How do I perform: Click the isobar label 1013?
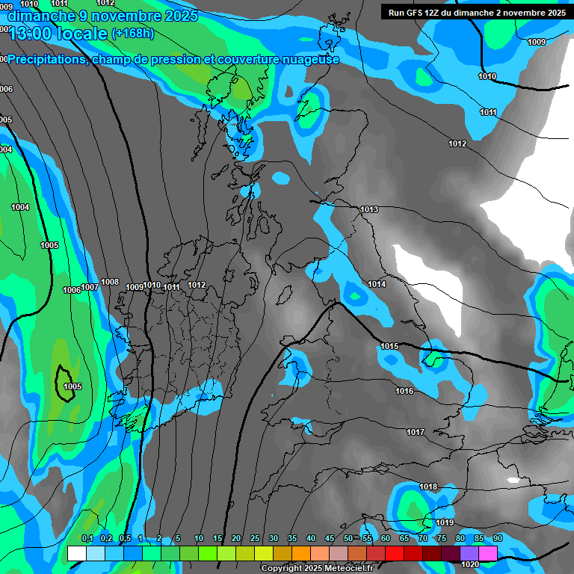click(x=369, y=209)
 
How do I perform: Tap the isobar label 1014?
click(x=377, y=284)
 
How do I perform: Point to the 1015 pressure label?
click(x=389, y=346)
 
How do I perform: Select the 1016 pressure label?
click(x=404, y=391)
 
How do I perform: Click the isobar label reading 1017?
click(x=416, y=432)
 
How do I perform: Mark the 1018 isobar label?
click(x=428, y=487)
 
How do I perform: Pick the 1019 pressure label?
click(x=445, y=522)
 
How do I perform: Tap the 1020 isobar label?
click(x=470, y=564)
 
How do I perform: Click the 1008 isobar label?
click(x=110, y=282)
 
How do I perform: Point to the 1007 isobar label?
click(x=90, y=287)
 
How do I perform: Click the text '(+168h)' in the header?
click(x=132, y=33)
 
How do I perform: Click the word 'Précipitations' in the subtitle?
click(x=47, y=60)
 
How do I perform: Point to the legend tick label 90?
click(x=497, y=538)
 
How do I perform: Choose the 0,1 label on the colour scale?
click(x=87, y=538)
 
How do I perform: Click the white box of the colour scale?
click(x=76, y=553)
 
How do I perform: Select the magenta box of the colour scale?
click(x=487, y=553)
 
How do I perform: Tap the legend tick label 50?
click(x=348, y=538)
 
